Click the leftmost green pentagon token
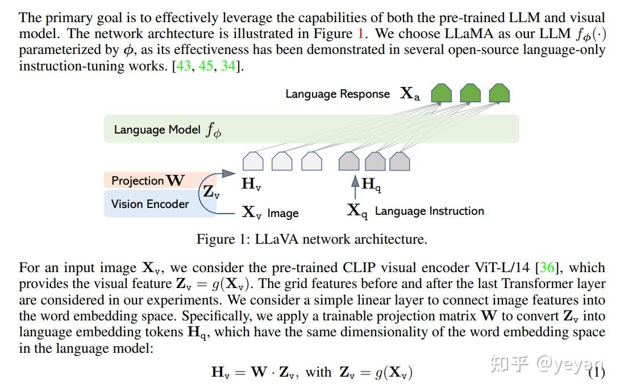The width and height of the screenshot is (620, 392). pyautogui.click(x=442, y=93)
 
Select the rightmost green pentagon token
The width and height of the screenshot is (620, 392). pyautogui.click(x=499, y=93)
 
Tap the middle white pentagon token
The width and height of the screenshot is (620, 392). pyautogui.click(x=282, y=161)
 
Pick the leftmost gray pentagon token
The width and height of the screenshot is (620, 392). pyautogui.click(x=349, y=161)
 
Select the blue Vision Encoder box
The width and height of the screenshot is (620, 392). pyautogui.click(x=151, y=204)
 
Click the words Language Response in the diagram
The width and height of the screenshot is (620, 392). pyautogui.click(x=338, y=94)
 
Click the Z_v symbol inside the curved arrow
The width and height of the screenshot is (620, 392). pyautogui.click(x=211, y=192)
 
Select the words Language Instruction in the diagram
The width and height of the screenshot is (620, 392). pyautogui.click(x=429, y=211)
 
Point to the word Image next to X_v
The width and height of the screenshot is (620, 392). pyautogui.click(x=283, y=214)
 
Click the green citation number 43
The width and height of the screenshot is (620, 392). pyautogui.click(x=184, y=66)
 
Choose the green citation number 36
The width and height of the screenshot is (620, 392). pyautogui.click(x=548, y=268)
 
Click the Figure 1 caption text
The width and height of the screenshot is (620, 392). pyautogui.click(x=311, y=239)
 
